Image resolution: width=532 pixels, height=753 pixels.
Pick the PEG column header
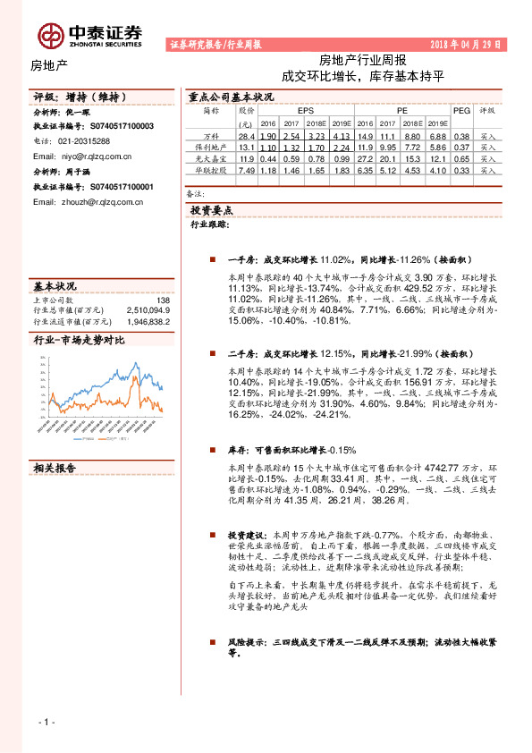[462, 111]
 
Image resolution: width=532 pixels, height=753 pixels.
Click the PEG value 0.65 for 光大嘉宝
[462, 157]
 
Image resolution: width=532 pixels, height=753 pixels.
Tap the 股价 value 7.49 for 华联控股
[248, 169]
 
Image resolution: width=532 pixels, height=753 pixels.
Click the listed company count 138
[163, 300]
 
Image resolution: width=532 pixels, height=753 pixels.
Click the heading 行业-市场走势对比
[79, 341]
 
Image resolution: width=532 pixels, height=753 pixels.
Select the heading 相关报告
[55, 468]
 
